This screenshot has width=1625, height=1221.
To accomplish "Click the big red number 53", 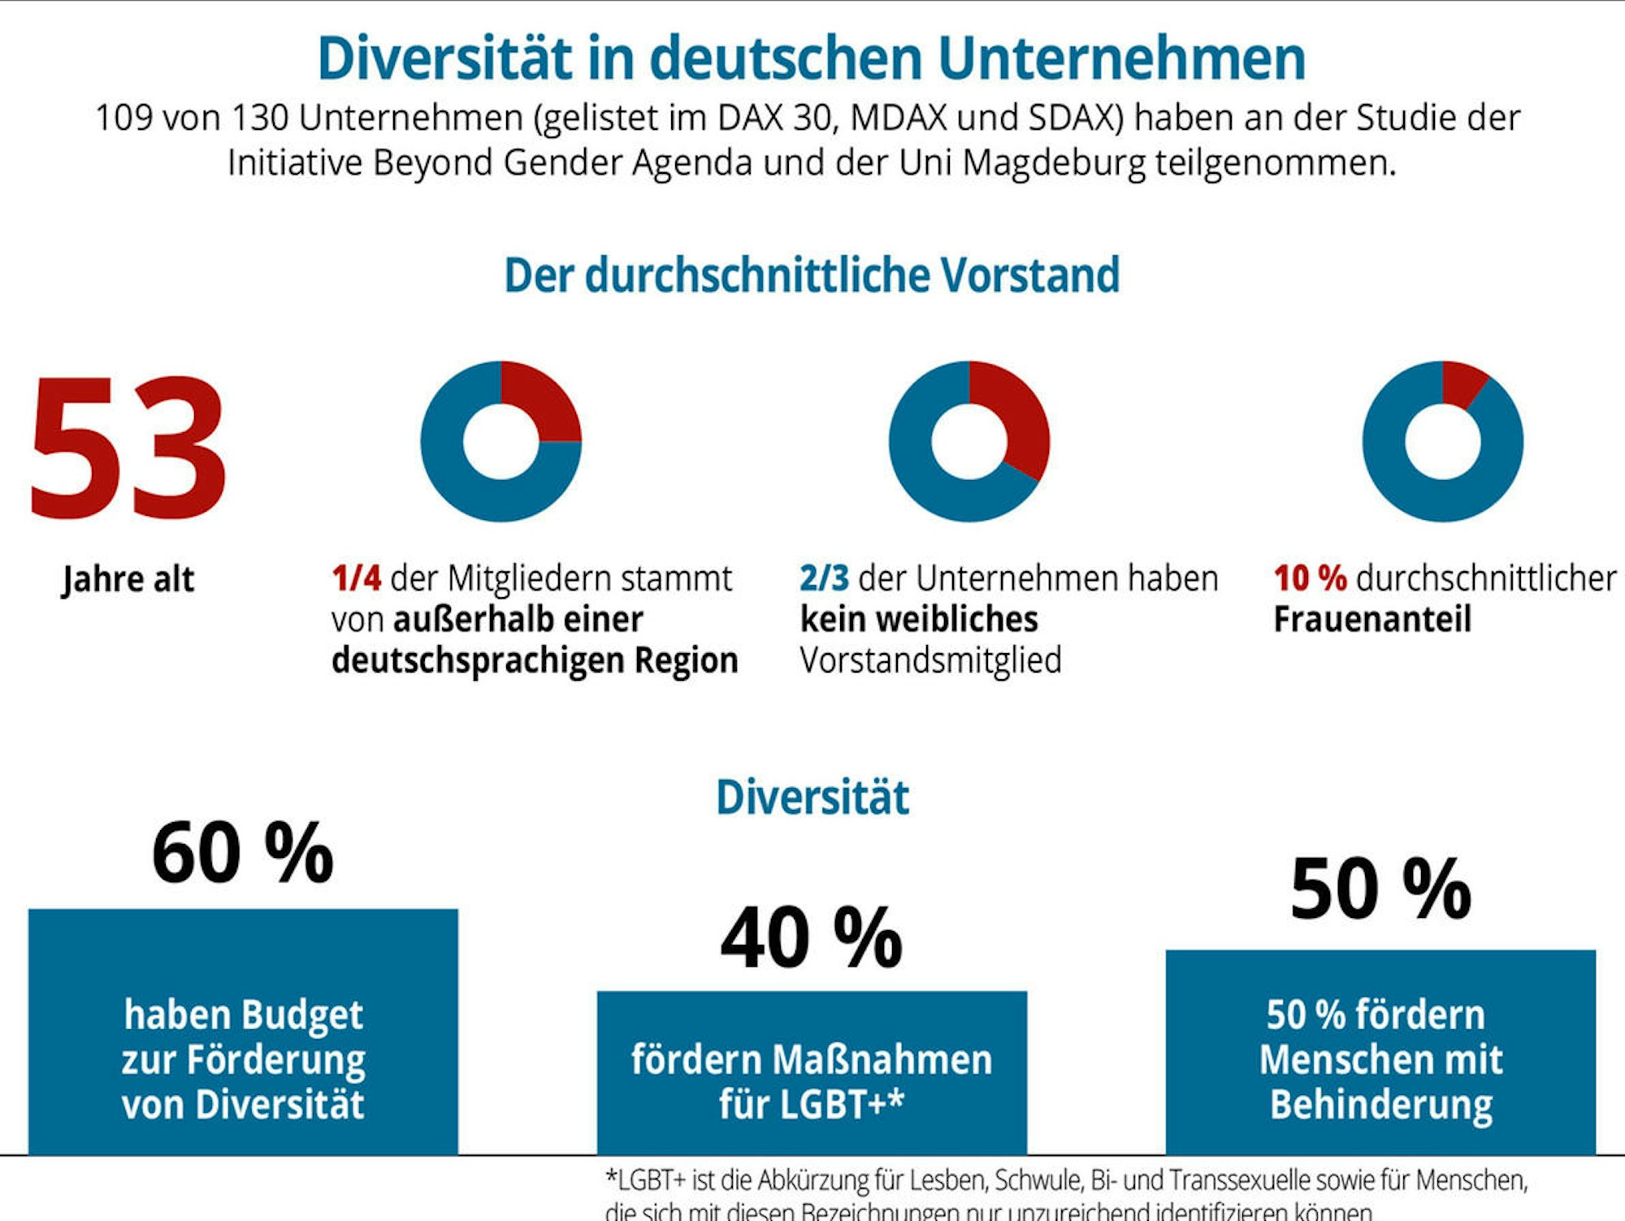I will [128, 447].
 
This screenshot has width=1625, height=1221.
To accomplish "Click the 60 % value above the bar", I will [242, 853].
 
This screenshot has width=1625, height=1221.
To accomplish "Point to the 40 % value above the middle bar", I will [811, 938].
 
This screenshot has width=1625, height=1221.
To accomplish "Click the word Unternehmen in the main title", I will [1121, 58].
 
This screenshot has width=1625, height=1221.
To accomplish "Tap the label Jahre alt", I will [128, 579].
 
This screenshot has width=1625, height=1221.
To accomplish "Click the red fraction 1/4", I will [356, 578].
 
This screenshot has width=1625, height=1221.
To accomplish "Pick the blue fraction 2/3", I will [824, 578].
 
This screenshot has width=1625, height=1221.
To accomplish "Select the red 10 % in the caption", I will [1310, 578].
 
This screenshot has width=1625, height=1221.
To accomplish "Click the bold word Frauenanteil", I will [1371, 619].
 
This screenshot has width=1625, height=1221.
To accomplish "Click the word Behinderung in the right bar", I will [1381, 1104].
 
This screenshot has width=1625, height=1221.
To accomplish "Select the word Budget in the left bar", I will [301, 1015].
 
